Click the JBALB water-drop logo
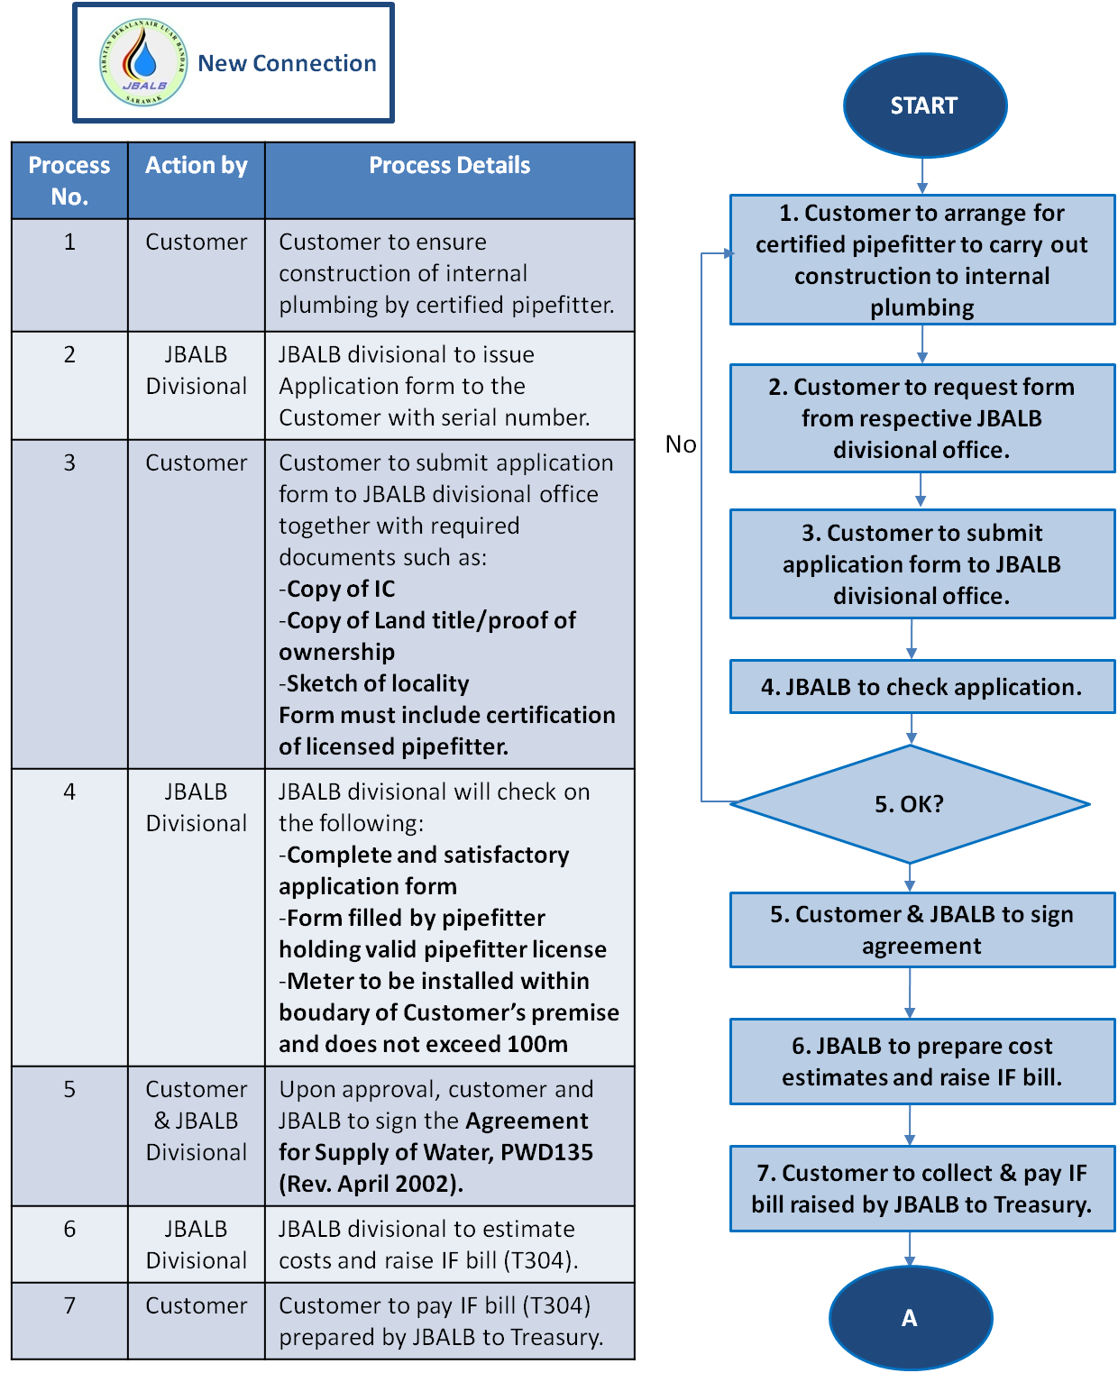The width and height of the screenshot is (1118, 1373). pyautogui.click(x=143, y=63)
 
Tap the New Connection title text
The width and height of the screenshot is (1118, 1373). pyautogui.click(x=287, y=63)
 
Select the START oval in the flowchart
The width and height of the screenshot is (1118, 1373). pyautogui.click(x=924, y=105)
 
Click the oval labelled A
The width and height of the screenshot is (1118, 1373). pyautogui.click(x=910, y=1318)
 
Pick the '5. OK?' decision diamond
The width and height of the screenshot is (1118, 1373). pyautogui.click(x=910, y=804)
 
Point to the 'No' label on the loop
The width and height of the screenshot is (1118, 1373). pyautogui.click(x=681, y=444)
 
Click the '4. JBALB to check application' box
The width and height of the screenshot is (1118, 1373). pyautogui.click(x=921, y=687)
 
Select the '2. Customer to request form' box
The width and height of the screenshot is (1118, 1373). pyautogui.click(x=921, y=418)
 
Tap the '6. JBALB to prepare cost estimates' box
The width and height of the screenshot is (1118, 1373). pyautogui.click(x=921, y=1061)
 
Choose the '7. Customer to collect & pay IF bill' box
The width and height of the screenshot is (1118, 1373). pyautogui.click(x=921, y=1188)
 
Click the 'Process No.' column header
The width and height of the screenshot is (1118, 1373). pyautogui.click(x=69, y=180)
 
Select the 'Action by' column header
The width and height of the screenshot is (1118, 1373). pyautogui.click(x=197, y=166)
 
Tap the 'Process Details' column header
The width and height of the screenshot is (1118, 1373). pyautogui.click(x=449, y=166)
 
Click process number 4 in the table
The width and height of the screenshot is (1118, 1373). pyautogui.click(x=69, y=792)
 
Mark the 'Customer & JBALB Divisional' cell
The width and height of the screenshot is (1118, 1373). pyautogui.click(x=197, y=1121)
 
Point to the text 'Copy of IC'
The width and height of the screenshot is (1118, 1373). pyautogui.click(x=340, y=589)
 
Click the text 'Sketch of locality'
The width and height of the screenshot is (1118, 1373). pyautogui.click(x=377, y=683)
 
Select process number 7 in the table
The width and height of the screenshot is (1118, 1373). pyautogui.click(x=69, y=1305)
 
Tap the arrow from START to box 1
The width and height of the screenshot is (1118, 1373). pyautogui.click(x=922, y=176)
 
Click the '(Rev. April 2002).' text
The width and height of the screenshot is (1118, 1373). pyautogui.click(x=371, y=1184)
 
